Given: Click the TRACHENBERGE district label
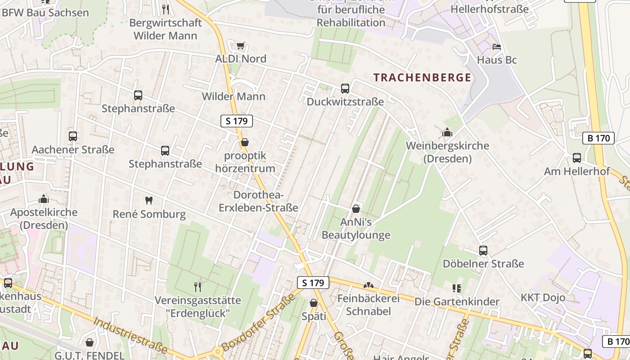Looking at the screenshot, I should point(422,77).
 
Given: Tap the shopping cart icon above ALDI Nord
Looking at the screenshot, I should point(241,45).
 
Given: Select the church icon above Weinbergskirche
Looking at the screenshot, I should point(447,132).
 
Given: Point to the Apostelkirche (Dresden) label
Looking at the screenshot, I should point(44,218).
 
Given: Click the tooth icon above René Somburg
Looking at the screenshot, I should point(148,200).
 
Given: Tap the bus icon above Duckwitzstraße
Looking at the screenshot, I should point(345,89).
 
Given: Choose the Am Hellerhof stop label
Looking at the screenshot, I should point(577,171).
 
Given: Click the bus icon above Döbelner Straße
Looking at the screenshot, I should point(483,251).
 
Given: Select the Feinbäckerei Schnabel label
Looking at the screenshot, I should point(369,305).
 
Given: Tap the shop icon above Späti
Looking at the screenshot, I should point(314,303).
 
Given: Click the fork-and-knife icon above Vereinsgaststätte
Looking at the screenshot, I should point(197,287).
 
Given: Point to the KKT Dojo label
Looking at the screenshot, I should point(543,297).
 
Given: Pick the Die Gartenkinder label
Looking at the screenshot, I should point(457,301).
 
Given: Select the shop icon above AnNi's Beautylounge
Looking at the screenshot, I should point(356,209).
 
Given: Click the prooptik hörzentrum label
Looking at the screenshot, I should point(245,162).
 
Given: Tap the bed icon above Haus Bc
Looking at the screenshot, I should point(496,47).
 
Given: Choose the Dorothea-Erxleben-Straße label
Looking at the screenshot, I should point(258,201).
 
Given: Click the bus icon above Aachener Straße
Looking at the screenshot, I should point(73,136).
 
